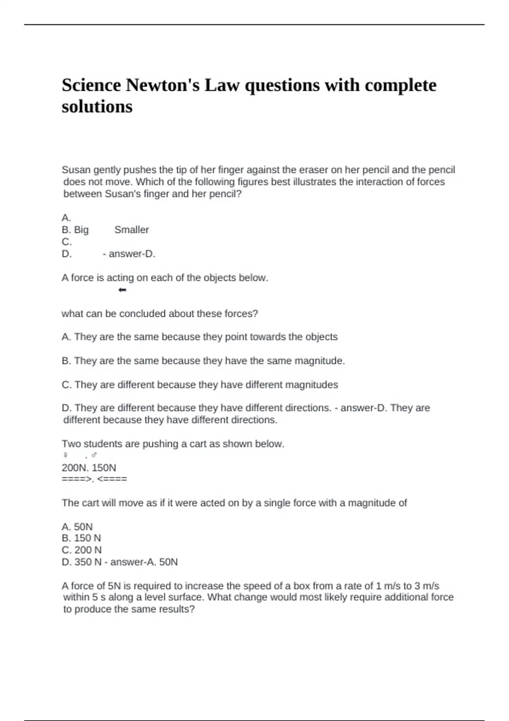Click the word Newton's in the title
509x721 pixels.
162,85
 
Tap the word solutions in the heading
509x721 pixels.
97,106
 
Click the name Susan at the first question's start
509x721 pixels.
76,170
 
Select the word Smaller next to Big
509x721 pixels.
131,230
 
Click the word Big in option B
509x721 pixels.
81,230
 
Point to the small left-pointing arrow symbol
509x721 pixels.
123,290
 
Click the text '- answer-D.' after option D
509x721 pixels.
129,254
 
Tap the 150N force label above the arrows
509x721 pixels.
104,468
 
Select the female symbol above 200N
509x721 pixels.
65,456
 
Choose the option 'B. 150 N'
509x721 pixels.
81,538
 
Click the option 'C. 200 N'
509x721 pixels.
81,550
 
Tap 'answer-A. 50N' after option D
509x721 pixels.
144,562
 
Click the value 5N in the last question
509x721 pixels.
115,586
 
